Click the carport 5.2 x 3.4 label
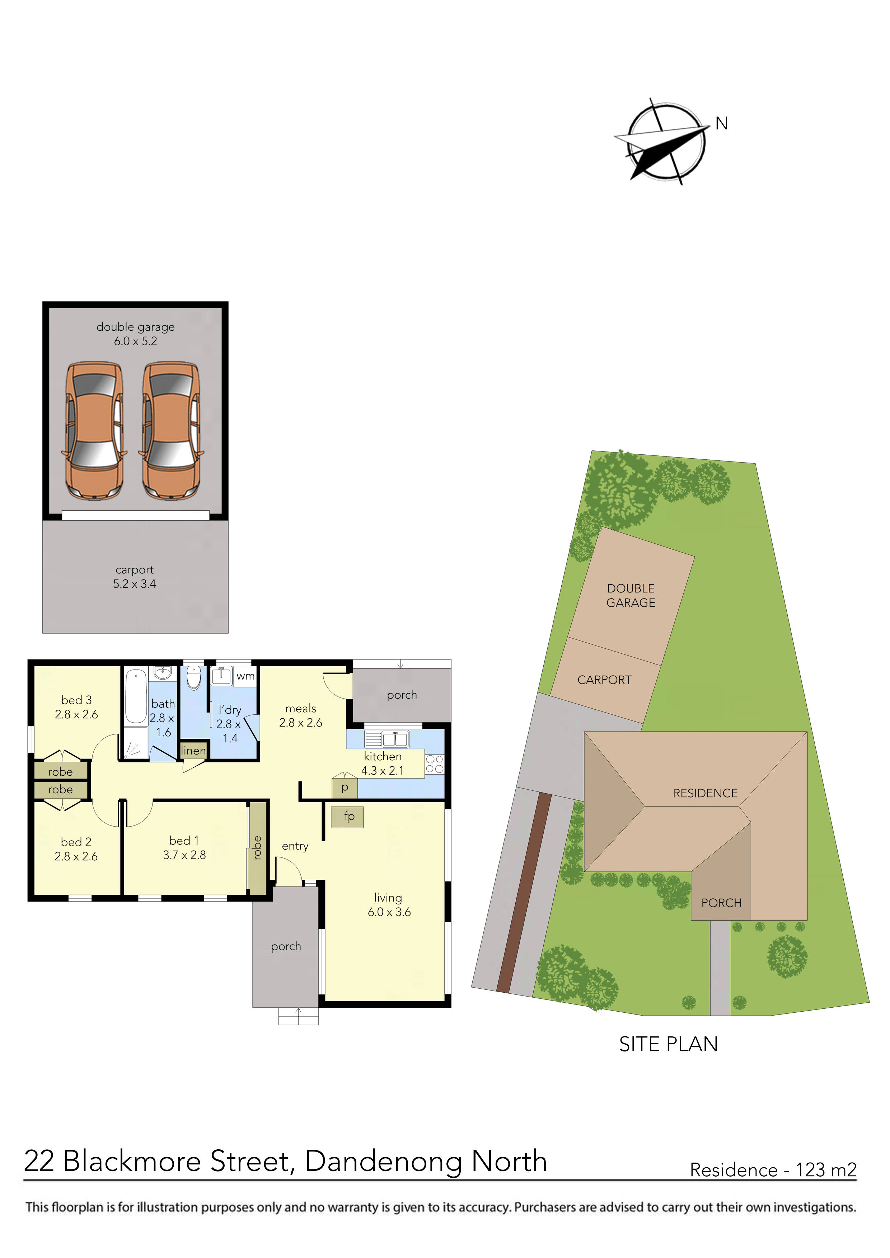134,577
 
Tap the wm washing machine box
245,676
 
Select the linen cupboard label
193,751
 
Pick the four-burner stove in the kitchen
434,764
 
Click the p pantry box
345,788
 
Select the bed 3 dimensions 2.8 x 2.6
76,714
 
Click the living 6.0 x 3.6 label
389,905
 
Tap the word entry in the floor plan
295,846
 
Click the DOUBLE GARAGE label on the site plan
631,596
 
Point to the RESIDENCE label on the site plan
705,793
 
